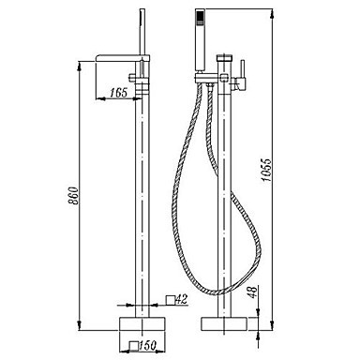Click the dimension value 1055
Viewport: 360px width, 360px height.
[266, 171]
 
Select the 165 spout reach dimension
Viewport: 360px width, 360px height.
[119, 92]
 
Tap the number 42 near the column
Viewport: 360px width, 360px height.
[181, 299]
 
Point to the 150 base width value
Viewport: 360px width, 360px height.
[147, 346]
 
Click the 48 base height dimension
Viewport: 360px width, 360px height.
[253, 292]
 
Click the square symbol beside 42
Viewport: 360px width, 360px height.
[170, 300]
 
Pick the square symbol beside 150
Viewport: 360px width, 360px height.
[134, 345]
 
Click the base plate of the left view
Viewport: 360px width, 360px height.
[142, 323]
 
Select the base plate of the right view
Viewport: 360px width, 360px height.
[224, 323]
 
